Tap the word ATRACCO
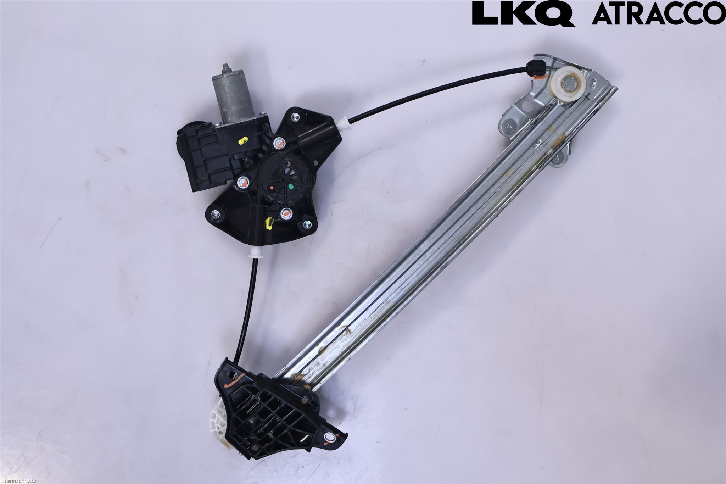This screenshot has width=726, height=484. point(658,13)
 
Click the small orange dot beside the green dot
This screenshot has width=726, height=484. point(271,187)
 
